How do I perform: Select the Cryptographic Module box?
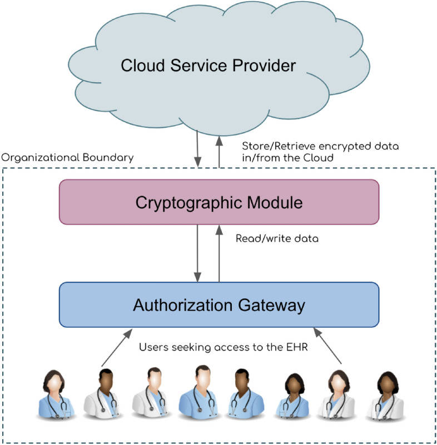[x=219, y=202]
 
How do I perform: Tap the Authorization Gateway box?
[x=219, y=305]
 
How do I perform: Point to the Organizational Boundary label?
[x=67, y=157]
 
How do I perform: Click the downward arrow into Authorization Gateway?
[x=197, y=253]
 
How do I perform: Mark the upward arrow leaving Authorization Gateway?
[x=218, y=253]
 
